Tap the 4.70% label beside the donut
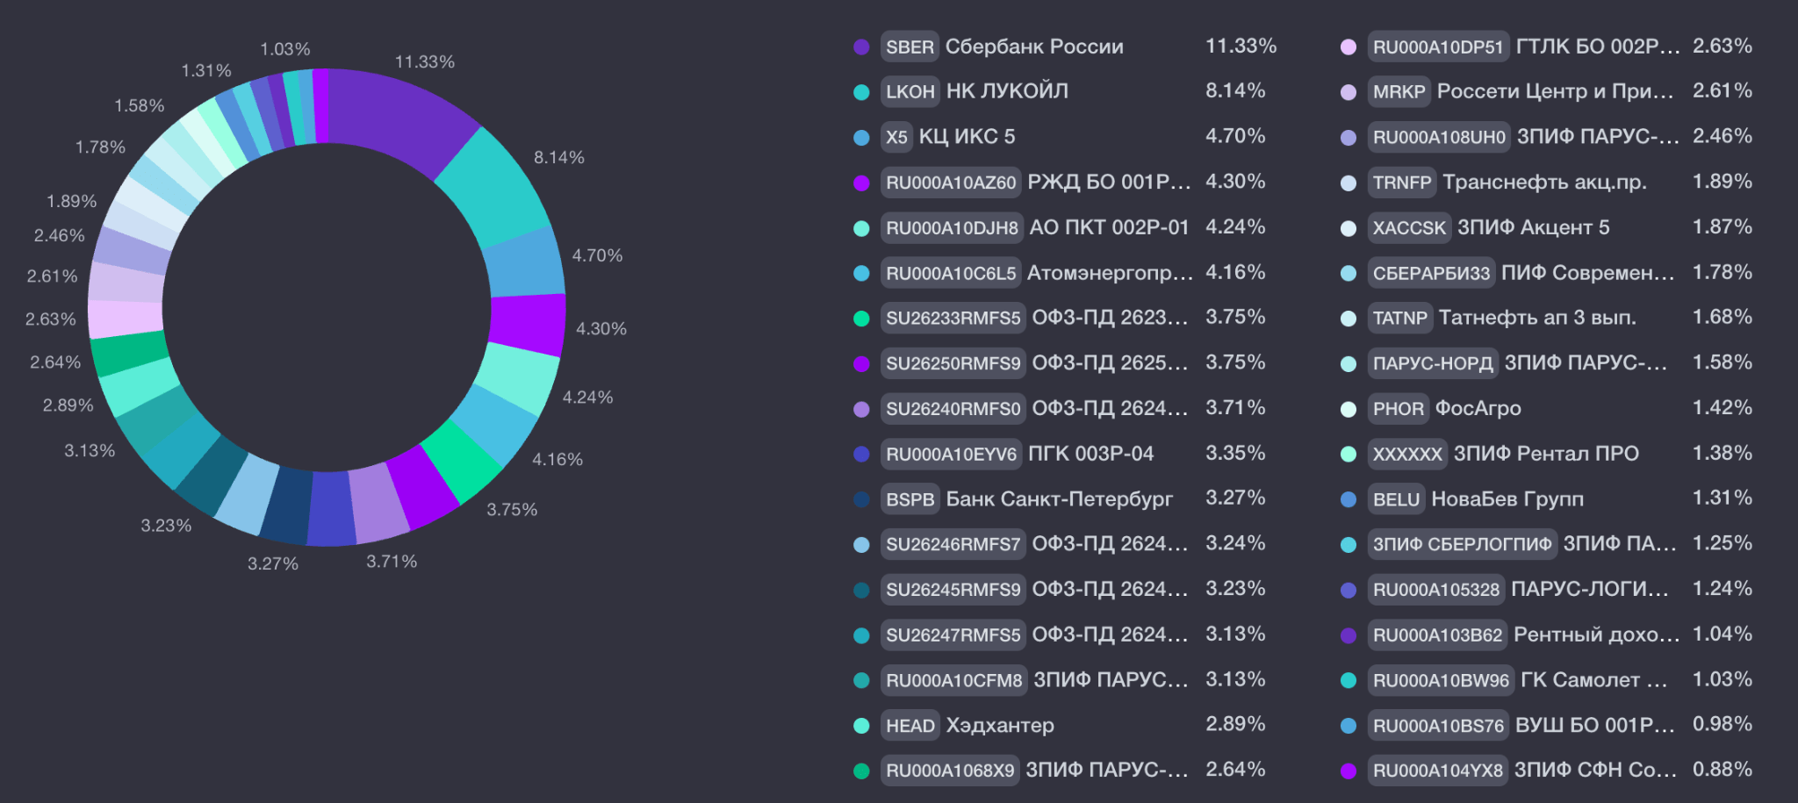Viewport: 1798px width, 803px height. pos(597,255)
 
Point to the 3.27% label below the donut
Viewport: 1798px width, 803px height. pos(273,563)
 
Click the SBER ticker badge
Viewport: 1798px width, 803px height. pos(910,47)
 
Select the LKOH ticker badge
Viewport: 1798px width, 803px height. pos(910,91)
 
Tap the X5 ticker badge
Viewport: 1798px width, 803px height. pos(896,137)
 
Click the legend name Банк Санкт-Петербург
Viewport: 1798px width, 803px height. pos(1059,499)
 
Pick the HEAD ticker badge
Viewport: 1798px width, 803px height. pos(910,726)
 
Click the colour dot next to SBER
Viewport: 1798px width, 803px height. pos(861,47)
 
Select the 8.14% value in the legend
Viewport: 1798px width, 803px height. pos(1235,90)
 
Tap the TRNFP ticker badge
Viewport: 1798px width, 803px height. pos(1402,183)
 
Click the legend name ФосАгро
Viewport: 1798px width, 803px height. pos(1478,408)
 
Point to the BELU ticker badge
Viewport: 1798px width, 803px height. pos(1396,499)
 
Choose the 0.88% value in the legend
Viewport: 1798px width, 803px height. pos(1722,769)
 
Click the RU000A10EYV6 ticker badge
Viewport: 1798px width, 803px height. pos(951,454)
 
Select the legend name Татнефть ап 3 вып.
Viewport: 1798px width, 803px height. pos(1537,317)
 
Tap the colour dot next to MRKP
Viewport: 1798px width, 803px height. pos(1348,92)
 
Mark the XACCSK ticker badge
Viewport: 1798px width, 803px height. pos(1409,228)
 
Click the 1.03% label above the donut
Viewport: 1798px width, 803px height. pos(285,49)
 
